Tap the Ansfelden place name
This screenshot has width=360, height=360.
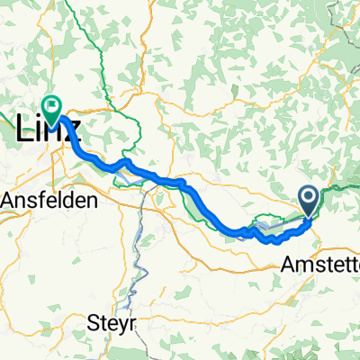coord(49,202)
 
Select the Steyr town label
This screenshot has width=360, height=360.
coord(113,321)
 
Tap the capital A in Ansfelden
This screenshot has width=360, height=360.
coord(10,202)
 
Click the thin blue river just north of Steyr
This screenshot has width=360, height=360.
coord(136,270)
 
